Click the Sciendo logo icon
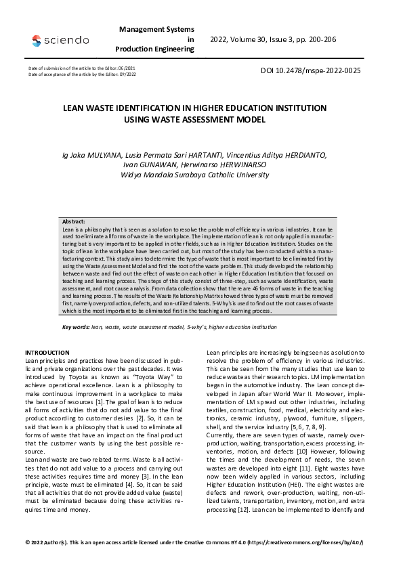(x=37, y=41)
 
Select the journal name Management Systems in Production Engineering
(x=156, y=39)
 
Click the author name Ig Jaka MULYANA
(x=87, y=155)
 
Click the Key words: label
(x=76, y=327)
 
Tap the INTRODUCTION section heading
(x=47, y=353)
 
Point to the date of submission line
(x=82, y=68)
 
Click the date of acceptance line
(x=82, y=74)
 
